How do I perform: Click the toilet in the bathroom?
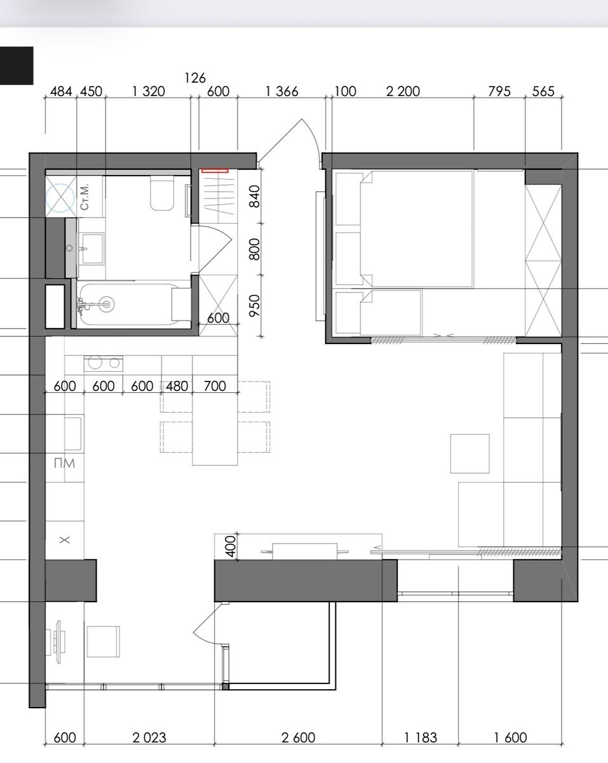point(162,195)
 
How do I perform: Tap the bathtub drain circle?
point(106,304)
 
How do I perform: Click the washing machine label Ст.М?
point(84,197)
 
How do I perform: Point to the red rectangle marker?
point(215,170)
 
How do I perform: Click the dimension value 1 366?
point(281,92)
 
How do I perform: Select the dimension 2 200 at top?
point(403,92)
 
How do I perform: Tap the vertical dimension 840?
point(255,196)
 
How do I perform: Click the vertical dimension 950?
point(255,306)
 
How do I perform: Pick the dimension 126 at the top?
point(195,78)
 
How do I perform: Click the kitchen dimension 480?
point(177,386)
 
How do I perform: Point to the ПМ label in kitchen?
point(65,463)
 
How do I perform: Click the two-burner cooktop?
point(104,363)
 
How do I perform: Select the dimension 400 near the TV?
point(230,546)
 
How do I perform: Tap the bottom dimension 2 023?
point(149,738)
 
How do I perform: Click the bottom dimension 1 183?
point(421,738)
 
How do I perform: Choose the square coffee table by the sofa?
point(470,454)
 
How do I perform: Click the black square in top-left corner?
point(17,65)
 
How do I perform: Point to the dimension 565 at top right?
point(543,92)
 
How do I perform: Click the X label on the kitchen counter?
point(65,540)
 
